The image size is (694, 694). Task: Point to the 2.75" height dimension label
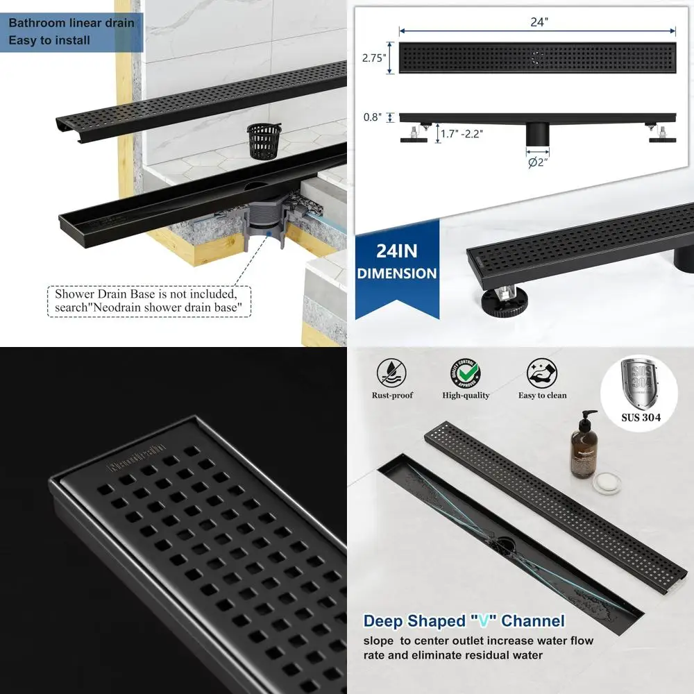pos(373,58)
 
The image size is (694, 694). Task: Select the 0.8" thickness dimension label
pos(373,118)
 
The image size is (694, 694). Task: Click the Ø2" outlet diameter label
pos(536,163)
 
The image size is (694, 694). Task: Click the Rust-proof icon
pos(392,373)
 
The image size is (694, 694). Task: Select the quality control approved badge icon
pos(465,373)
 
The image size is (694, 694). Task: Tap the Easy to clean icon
pos(542,373)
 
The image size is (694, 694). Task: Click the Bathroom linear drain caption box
pos(71,31)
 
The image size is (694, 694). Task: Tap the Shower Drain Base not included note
pos(150,301)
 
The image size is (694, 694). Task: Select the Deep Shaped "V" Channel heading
pos(464,620)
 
